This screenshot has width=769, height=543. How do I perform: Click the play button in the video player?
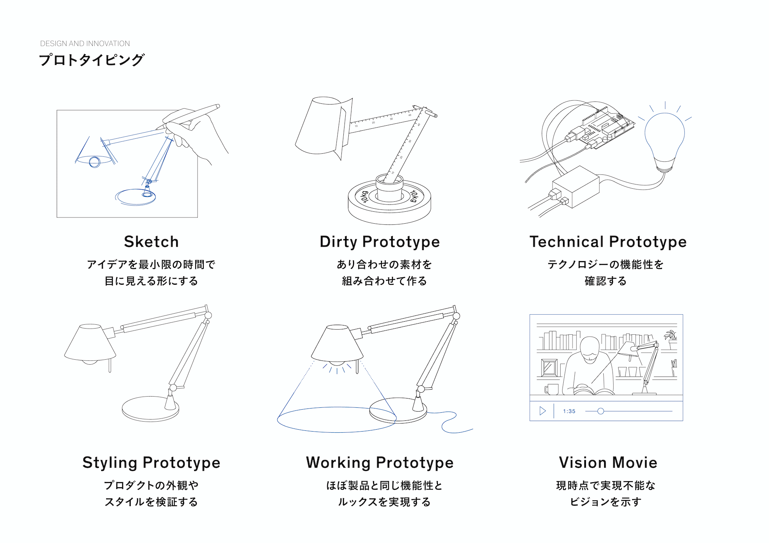coord(542,411)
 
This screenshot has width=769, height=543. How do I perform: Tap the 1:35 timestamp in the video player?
coord(569,411)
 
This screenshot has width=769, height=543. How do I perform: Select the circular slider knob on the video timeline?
coord(601,411)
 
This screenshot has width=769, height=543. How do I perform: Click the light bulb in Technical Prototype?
coord(665,138)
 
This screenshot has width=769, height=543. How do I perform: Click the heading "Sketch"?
coord(151,242)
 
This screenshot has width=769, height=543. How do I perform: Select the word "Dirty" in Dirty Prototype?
coord(338,242)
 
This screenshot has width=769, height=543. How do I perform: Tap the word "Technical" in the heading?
coord(566,242)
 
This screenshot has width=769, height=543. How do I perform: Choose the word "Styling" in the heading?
coord(110,462)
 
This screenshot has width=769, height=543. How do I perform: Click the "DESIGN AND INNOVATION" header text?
coord(85,43)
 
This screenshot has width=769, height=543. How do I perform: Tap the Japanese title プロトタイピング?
coord(92,60)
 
